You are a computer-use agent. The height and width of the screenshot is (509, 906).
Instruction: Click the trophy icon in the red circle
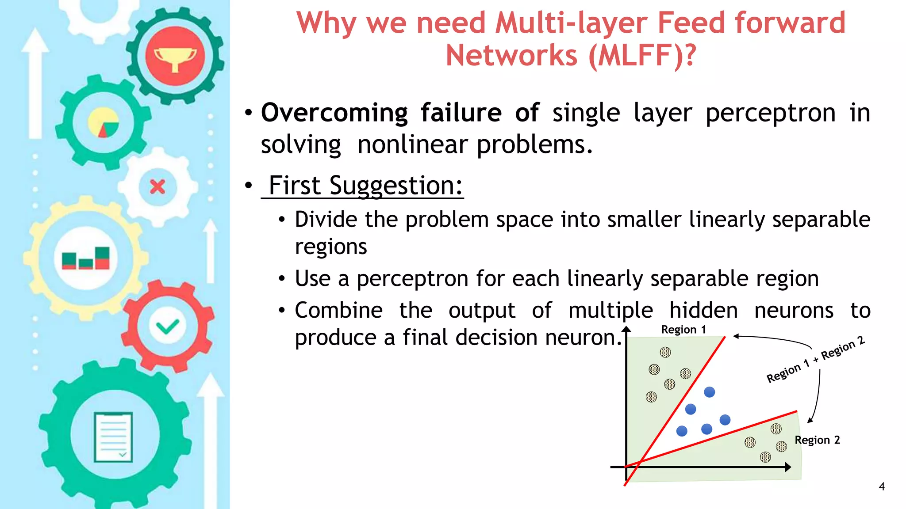(175, 57)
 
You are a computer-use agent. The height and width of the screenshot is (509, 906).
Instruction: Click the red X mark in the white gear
(157, 186)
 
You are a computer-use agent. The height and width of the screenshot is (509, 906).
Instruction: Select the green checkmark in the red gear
(167, 327)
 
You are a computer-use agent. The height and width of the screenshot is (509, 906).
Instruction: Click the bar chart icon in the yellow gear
(86, 258)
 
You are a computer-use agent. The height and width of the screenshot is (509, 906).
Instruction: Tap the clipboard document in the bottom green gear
(113, 437)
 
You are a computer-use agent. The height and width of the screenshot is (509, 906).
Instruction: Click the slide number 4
(882, 486)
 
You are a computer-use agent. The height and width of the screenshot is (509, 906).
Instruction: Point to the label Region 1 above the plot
(683, 330)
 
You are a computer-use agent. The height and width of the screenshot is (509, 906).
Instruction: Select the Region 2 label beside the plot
(817, 440)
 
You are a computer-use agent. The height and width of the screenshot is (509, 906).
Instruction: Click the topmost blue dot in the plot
(709, 392)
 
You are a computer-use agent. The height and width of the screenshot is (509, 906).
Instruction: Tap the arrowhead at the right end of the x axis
(788, 467)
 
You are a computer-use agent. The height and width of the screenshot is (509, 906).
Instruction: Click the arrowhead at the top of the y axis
(626, 329)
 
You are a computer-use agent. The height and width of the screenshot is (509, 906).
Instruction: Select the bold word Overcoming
(334, 113)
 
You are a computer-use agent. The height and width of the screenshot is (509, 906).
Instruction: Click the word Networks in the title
(511, 56)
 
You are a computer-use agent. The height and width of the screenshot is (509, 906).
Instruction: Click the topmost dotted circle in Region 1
(665, 352)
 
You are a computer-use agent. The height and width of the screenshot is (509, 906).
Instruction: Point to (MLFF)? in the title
(642, 56)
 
